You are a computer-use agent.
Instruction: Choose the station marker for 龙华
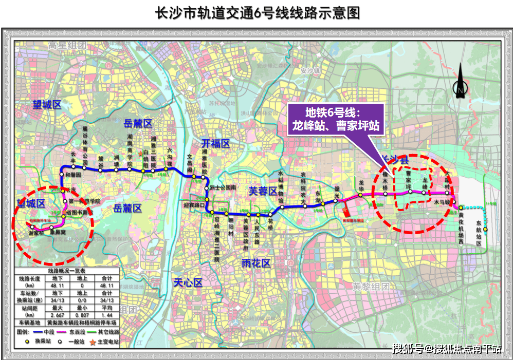361,196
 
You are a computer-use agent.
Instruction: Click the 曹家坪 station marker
410,192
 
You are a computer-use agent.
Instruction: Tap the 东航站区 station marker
485,230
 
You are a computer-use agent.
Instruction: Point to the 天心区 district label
188,282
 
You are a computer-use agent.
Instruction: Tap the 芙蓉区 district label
263,191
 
